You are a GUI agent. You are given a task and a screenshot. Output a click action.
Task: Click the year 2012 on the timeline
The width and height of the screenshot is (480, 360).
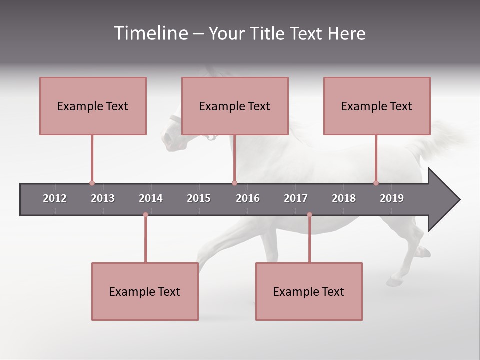(55, 198)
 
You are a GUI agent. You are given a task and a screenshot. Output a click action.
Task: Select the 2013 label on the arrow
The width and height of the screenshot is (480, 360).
(103, 198)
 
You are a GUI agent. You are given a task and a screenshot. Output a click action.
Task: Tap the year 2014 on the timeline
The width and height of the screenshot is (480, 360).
(151, 198)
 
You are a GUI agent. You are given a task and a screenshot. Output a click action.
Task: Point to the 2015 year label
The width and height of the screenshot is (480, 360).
(199, 198)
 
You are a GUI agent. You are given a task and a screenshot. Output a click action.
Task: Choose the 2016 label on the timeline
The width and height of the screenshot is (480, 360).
(248, 198)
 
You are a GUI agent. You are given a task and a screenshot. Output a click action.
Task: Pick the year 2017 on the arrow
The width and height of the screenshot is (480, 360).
(296, 198)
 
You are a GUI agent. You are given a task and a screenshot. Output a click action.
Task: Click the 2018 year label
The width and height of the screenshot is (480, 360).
(344, 198)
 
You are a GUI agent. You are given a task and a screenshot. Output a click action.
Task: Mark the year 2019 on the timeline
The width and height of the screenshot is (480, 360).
(392, 198)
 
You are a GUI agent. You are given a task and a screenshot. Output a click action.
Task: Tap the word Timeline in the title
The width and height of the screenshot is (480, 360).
(150, 33)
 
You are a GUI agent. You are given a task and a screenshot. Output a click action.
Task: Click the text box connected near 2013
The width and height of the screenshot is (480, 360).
(93, 106)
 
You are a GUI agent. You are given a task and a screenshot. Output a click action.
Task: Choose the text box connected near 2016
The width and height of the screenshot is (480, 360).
(235, 106)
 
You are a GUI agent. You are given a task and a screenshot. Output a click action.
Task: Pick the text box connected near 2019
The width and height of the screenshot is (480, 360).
(377, 106)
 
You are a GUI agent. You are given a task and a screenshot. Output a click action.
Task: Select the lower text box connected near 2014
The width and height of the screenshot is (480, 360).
(145, 291)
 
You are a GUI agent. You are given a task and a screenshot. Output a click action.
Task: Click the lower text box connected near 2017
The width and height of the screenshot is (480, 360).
(309, 291)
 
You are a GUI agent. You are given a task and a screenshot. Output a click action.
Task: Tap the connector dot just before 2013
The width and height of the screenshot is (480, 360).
(92, 183)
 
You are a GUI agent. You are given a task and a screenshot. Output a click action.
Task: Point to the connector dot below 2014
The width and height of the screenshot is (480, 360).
(145, 215)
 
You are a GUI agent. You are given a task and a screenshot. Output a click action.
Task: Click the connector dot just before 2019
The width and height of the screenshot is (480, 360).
(376, 183)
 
